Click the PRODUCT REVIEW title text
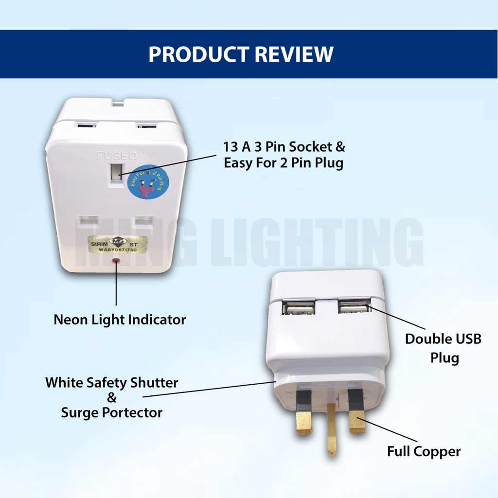point(241,54)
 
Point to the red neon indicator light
point(116,262)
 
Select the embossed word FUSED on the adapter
point(117,156)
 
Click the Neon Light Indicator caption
point(120,320)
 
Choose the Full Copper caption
point(424,451)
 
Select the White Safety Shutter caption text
point(112,382)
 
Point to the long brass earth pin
point(332,429)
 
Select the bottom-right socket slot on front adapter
point(143,222)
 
